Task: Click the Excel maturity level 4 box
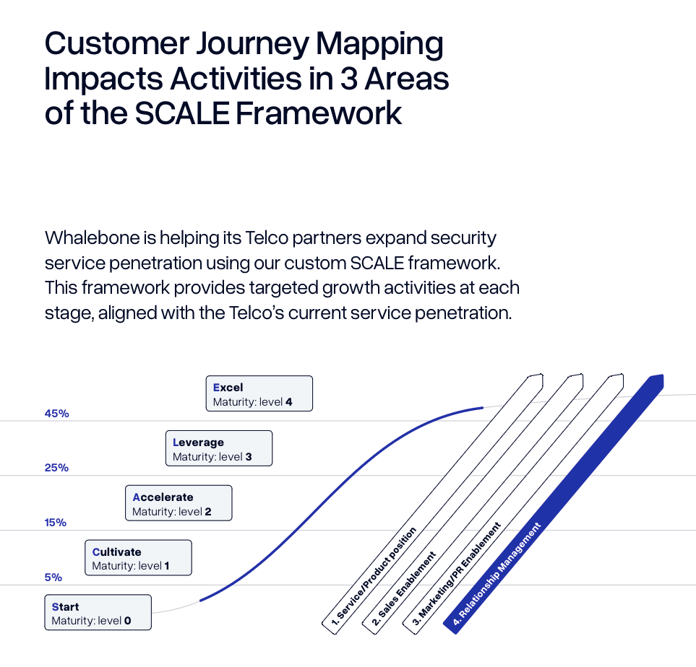click(x=259, y=393)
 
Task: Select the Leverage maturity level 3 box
click(x=219, y=448)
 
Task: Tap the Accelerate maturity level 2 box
click(x=179, y=503)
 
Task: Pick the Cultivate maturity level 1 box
click(x=138, y=558)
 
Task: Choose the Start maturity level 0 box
click(x=98, y=613)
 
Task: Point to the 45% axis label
click(x=56, y=414)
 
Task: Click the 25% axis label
click(x=56, y=468)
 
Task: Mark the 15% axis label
click(x=55, y=523)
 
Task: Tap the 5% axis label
click(x=53, y=577)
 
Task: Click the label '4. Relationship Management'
click(x=497, y=574)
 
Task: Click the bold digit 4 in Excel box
click(x=288, y=401)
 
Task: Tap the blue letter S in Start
click(x=55, y=607)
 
